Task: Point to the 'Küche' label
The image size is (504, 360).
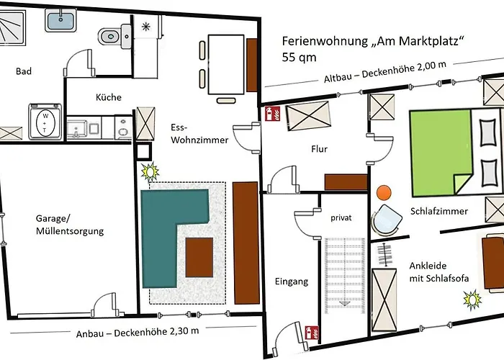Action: (x=108, y=97)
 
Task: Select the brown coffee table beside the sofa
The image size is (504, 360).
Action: (x=199, y=257)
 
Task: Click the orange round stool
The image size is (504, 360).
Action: (x=384, y=193)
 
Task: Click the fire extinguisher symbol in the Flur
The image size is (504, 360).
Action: (x=272, y=114)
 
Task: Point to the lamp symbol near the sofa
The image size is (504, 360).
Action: (x=150, y=172)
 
